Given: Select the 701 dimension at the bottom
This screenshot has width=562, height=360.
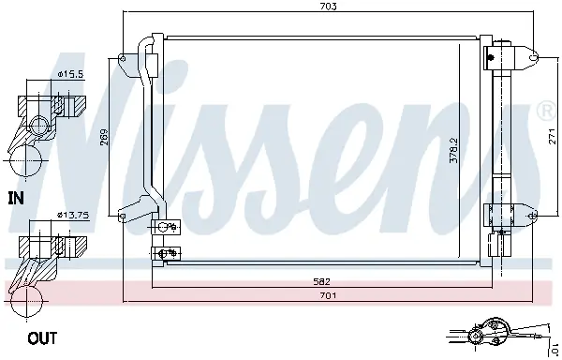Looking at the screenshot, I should tap(327, 295).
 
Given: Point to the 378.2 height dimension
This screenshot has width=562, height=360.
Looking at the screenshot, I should tap(454, 152).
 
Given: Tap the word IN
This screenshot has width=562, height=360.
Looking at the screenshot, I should tap(15, 198).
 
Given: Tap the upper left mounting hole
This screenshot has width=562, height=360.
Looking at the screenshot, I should tap(123, 59).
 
